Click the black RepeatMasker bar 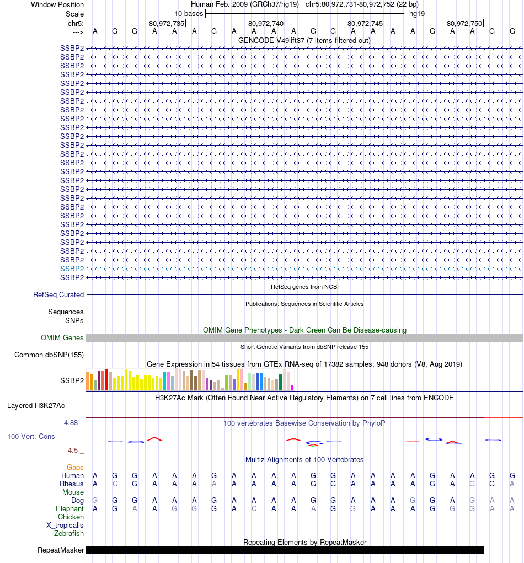[x=285, y=550]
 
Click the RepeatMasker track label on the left [x=61, y=550]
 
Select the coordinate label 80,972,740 [x=266, y=23]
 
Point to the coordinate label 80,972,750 [x=464, y=23]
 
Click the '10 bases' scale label [x=189, y=14]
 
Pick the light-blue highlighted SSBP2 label [x=72, y=269]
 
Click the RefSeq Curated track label [x=58, y=294]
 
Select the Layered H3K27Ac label [x=36, y=405]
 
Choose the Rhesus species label [x=72, y=484]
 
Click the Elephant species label [x=69, y=508]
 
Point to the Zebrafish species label [x=69, y=533]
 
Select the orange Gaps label [x=75, y=467]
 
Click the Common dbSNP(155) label [x=49, y=355]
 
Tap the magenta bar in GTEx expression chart [x=292, y=388]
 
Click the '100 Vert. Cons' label [x=31, y=436]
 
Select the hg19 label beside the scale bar [x=416, y=14]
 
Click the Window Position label [x=57, y=4]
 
